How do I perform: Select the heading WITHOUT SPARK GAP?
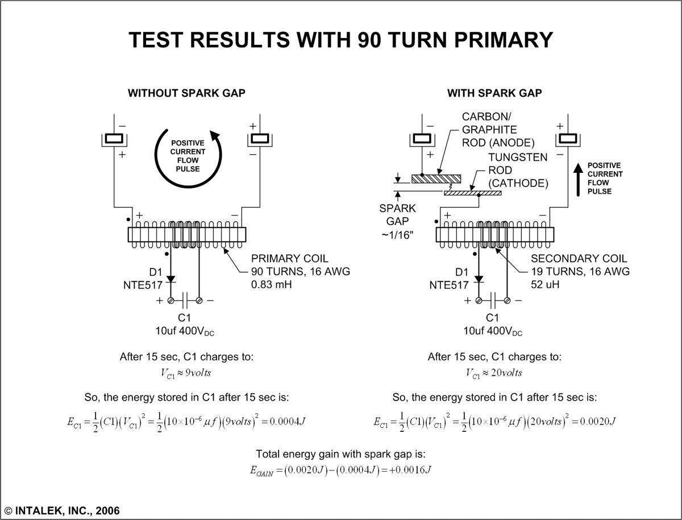click(186, 93)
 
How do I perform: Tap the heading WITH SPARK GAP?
click(494, 93)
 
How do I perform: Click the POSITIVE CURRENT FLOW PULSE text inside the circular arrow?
click(188, 156)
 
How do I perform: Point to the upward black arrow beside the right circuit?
click(578, 178)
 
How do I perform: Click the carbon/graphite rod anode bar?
click(436, 178)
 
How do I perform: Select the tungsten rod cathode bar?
click(472, 193)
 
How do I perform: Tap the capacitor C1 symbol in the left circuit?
click(185, 300)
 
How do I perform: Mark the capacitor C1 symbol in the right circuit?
click(493, 300)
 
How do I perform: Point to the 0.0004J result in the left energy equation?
click(294, 422)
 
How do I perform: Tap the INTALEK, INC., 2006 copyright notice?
click(63, 510)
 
